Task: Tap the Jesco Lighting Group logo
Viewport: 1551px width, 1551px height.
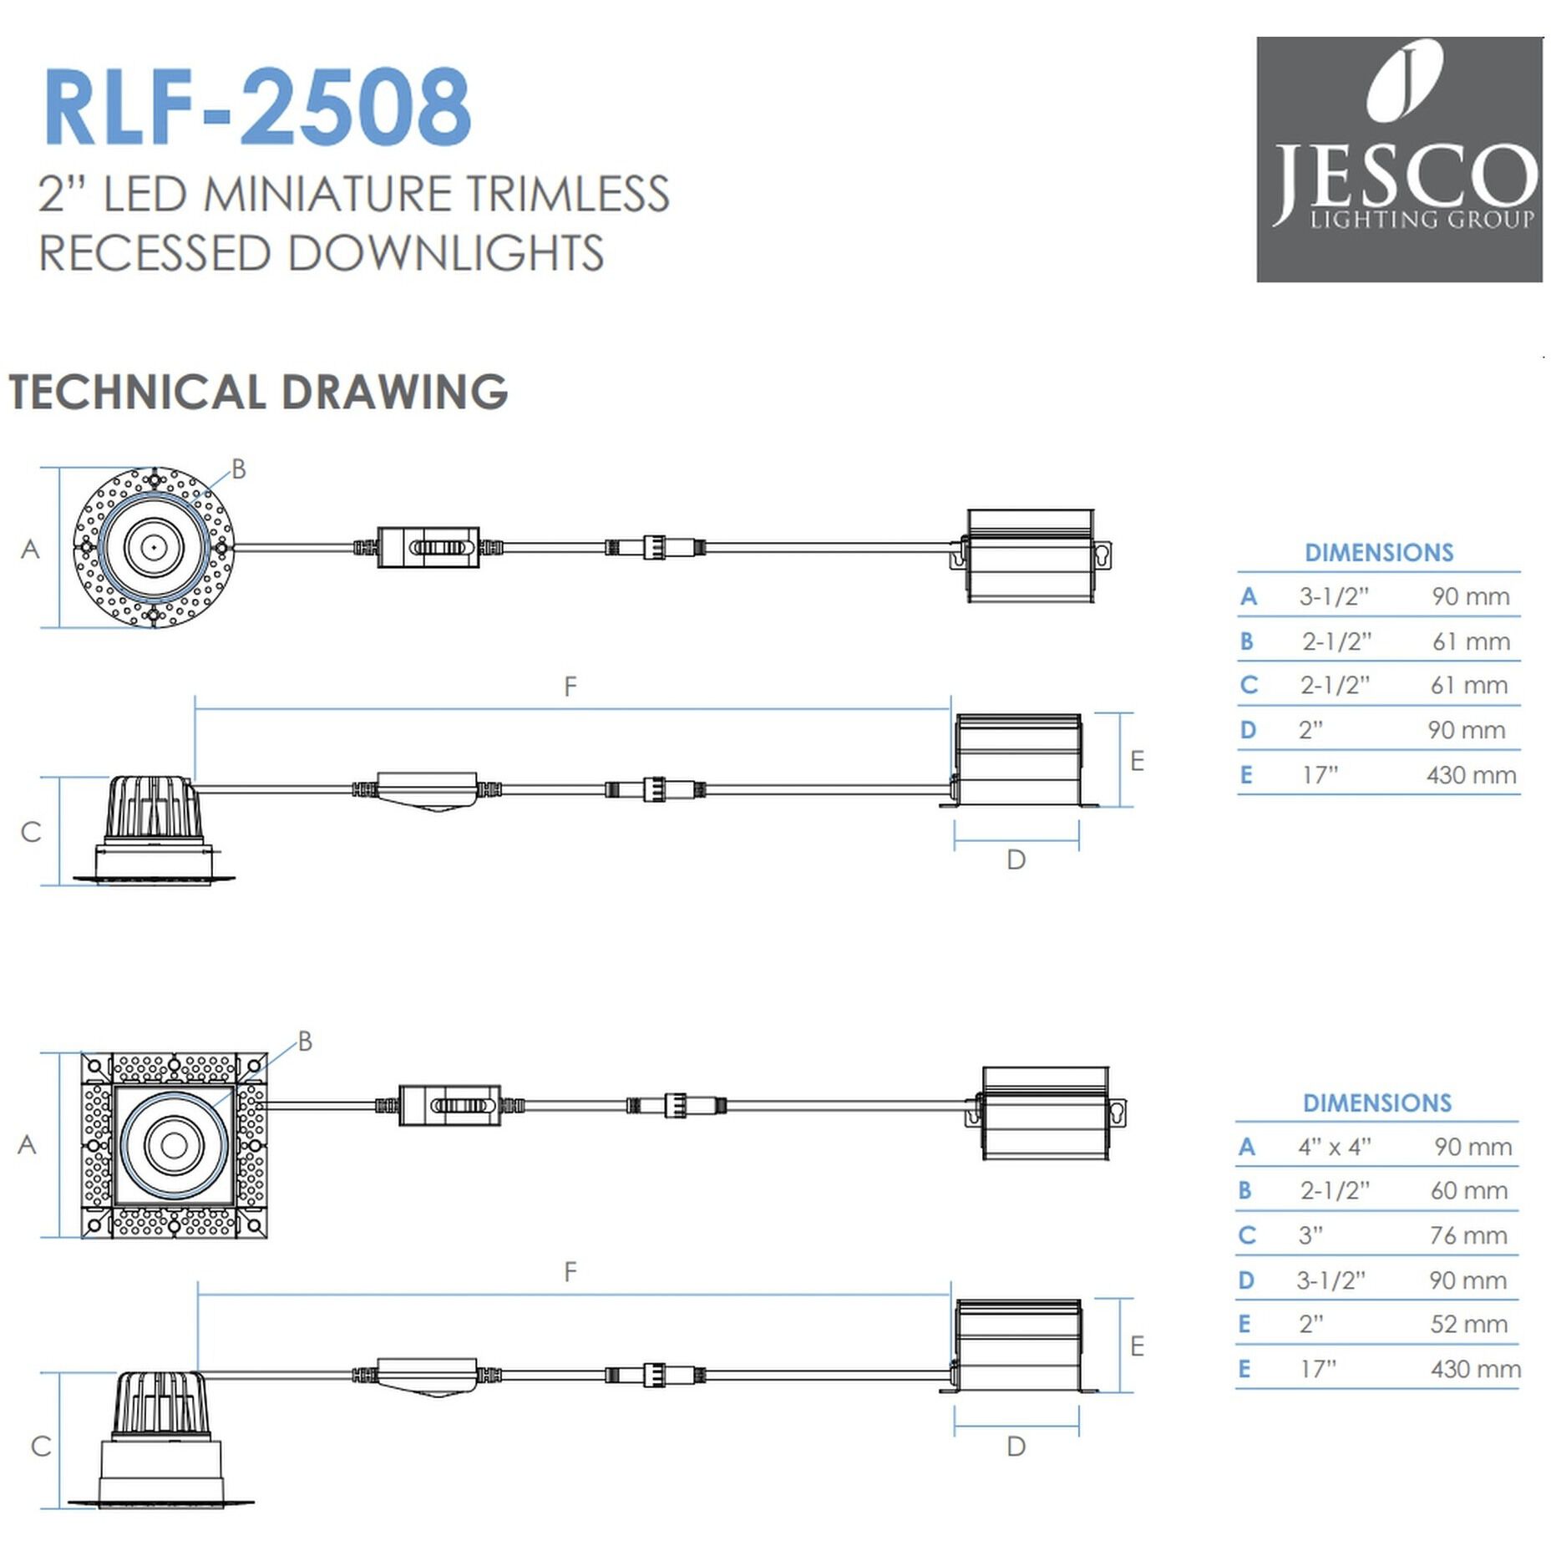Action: tap(1398, 159)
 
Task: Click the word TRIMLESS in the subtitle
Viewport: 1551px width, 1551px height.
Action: tap(567, 194)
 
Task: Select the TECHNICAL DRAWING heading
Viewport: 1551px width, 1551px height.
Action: tap(258, 392)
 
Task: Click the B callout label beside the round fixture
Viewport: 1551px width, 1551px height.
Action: tap(239, 469)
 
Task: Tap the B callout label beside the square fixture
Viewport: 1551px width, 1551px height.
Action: tap(305, 1042)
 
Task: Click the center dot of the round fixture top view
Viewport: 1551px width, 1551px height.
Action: tap(155, 548)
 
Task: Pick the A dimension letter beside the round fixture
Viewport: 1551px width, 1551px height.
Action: tap(30, 550)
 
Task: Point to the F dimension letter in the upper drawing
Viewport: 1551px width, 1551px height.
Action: tap(570, 687)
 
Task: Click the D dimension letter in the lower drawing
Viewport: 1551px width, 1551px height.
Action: tap(1016, 1447)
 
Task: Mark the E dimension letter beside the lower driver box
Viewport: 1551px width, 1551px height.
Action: tap(1137, 1346)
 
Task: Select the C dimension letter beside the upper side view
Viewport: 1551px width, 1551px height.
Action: tap(31, 832)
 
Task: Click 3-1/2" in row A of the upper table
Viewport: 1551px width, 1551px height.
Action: tap(1334, 596)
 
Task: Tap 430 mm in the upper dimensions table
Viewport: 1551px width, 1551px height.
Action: tap(1471, 775)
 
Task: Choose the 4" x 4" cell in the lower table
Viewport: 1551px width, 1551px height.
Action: tap(1334, 1147)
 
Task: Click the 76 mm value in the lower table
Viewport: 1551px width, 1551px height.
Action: tap(1468, 1235)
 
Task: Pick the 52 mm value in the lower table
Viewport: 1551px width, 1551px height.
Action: tap(1468, 1324)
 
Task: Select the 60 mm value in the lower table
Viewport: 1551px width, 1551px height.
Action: tap(1468, 1190)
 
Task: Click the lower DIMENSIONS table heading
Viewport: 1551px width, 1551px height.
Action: tap(1377, 1102)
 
